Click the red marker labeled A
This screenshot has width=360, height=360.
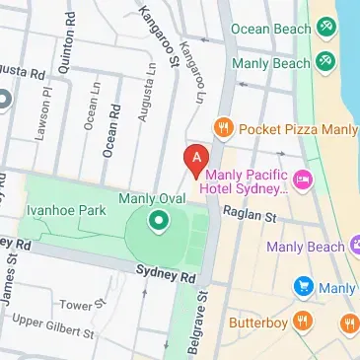196,159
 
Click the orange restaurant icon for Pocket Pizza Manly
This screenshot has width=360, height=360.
224,129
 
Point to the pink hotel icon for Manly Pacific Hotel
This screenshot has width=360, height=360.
303,180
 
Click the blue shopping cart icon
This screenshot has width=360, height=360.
304,287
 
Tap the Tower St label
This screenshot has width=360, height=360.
103,304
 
